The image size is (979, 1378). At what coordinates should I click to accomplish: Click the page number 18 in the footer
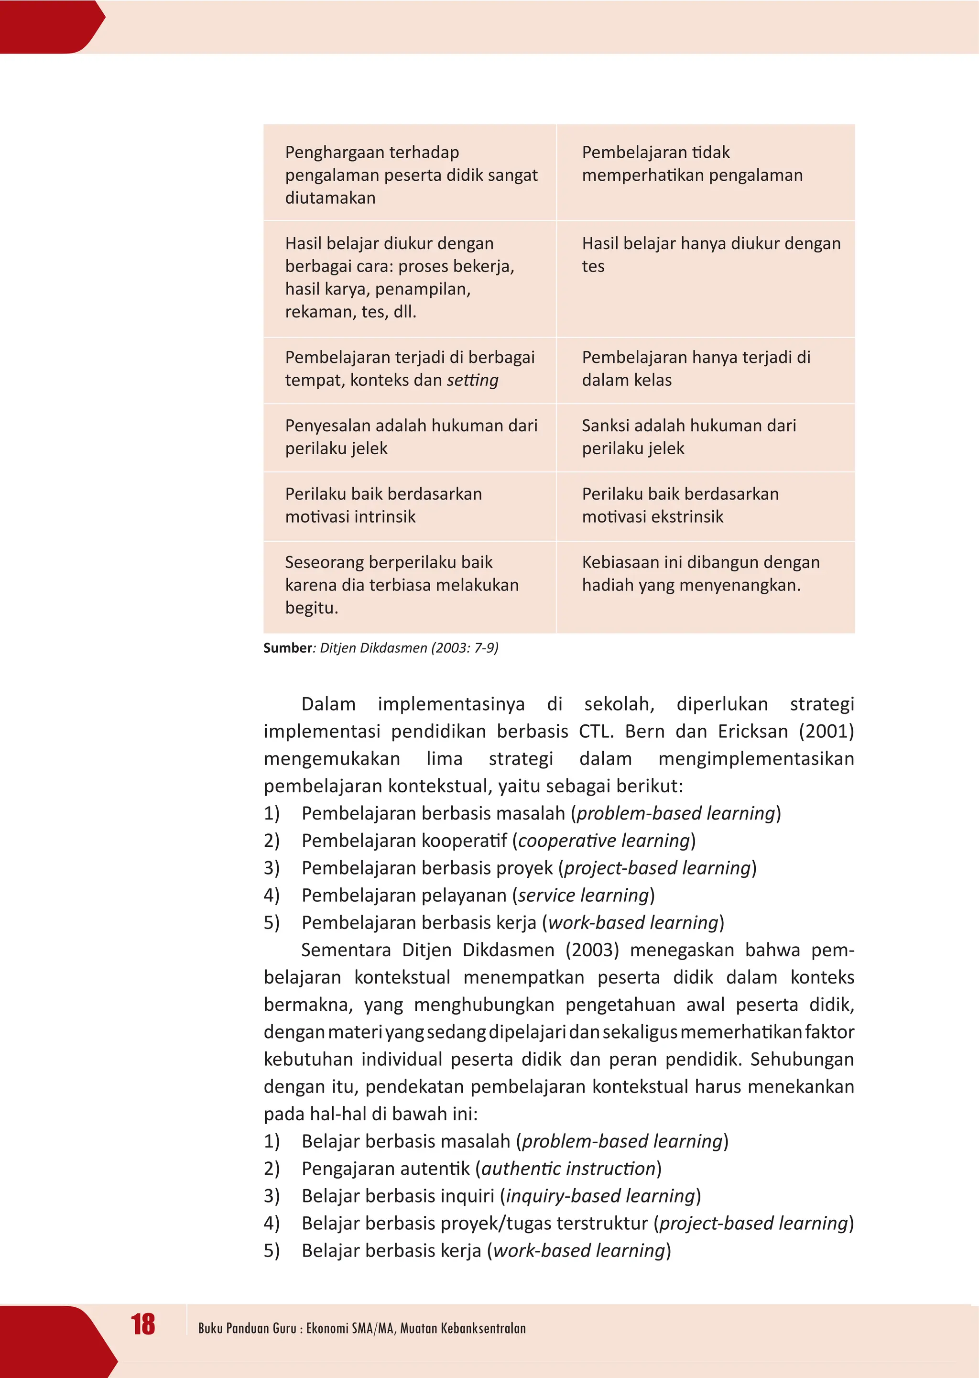[x=143, y=1325]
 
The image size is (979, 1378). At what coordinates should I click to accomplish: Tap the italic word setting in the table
[x=473, y=381]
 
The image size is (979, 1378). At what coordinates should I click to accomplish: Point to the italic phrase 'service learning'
[x=583, y=895]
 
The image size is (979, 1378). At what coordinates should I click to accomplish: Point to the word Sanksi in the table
[x=605, y=426]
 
